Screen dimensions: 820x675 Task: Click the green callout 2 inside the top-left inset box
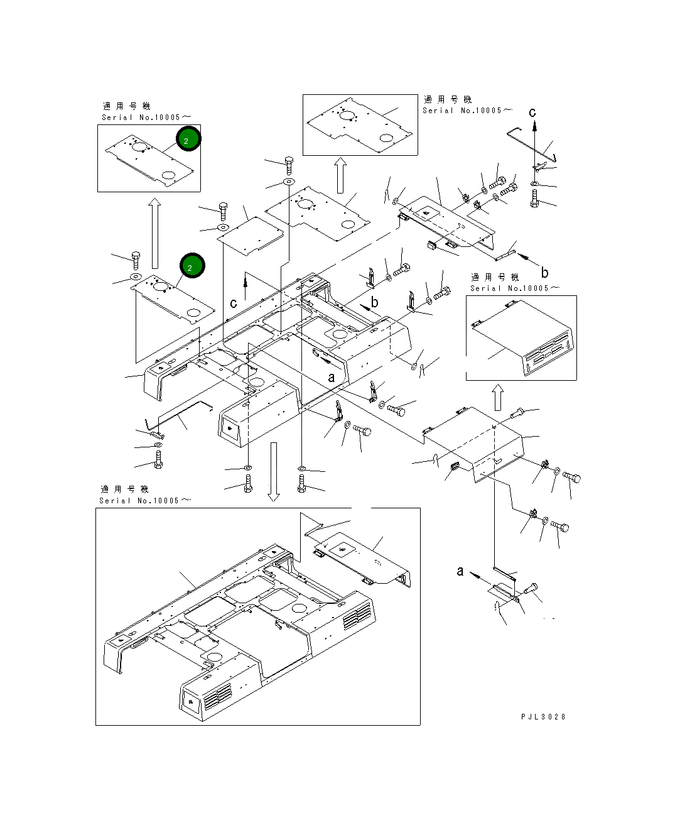188,139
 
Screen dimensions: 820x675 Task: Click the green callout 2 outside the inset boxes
192,266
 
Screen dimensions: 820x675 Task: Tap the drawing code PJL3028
543,716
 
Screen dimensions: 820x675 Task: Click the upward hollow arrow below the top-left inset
154,232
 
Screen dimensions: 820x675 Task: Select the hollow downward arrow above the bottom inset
273,471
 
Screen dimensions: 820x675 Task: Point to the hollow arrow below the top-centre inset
340,175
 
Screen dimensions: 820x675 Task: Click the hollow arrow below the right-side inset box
497,397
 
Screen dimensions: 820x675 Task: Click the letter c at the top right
532,112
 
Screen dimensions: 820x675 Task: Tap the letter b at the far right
544,272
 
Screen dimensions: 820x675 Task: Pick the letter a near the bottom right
460,571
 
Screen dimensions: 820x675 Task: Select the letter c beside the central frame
234,303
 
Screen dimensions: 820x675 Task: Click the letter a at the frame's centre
332,378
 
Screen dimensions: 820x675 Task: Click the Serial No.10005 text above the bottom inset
144,501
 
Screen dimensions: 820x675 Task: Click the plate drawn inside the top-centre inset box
358,124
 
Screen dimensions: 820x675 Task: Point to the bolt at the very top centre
289,165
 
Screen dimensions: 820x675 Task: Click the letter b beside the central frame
375,302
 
